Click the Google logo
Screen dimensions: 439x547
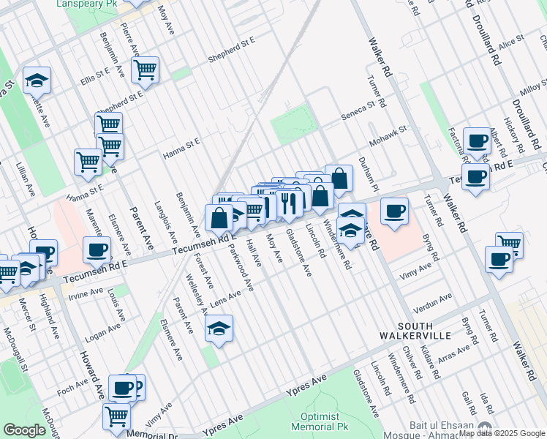click(x=24, y=430)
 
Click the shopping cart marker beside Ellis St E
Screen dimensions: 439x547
click(x=145, y=70)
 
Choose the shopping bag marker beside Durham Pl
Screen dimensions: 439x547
click(x=339, y=178)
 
